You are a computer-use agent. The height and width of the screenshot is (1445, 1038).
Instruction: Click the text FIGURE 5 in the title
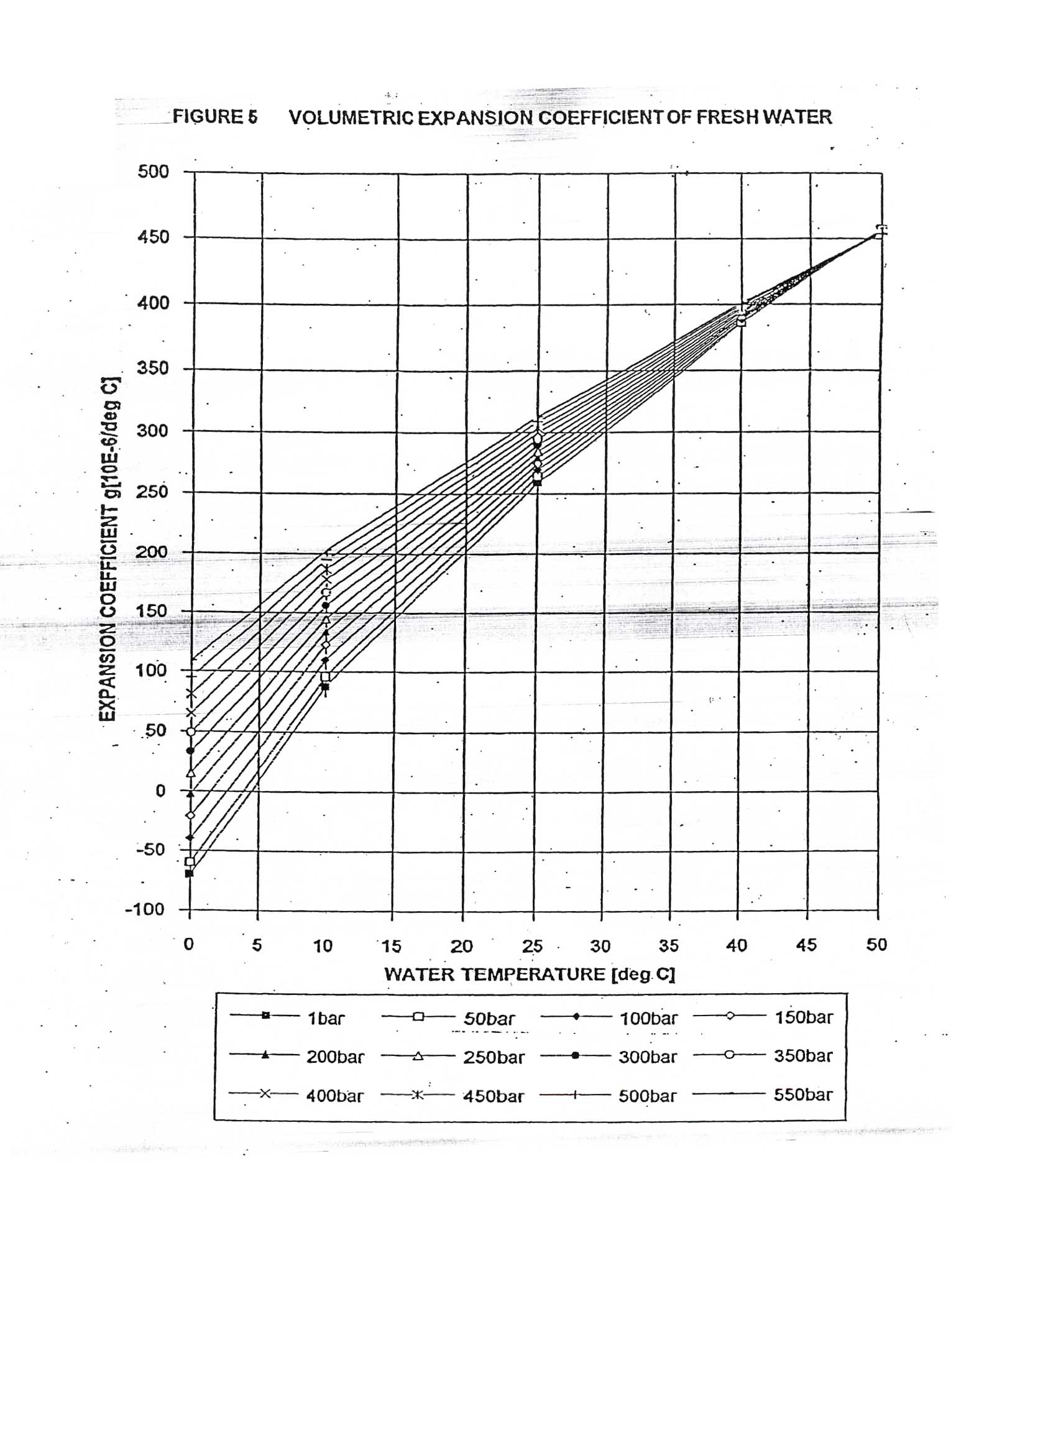click(214, 117)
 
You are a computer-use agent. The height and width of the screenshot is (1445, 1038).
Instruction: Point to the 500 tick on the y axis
click(153, 172)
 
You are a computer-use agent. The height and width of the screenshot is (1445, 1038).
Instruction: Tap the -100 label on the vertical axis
click(145, 909)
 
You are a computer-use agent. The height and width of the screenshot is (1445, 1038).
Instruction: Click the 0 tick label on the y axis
click(160, 791)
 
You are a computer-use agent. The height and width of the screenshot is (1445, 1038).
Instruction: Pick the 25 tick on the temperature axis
click(532, 946)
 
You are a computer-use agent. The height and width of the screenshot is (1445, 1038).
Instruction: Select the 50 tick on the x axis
click(876, 945)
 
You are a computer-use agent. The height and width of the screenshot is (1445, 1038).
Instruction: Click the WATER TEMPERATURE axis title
click(529, 974)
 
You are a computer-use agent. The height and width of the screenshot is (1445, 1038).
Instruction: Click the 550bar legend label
click(803, 1094)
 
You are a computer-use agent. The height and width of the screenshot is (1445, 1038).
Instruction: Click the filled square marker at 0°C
click(189, 873)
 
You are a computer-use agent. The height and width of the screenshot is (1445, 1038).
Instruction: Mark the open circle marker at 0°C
click(190, 732)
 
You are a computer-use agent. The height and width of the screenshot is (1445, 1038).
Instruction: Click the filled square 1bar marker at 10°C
click(325, 687)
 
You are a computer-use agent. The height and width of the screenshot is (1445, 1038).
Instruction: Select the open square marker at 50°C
click(879, 234)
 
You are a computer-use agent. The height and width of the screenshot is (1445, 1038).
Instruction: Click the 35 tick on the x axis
click(668, 945)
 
